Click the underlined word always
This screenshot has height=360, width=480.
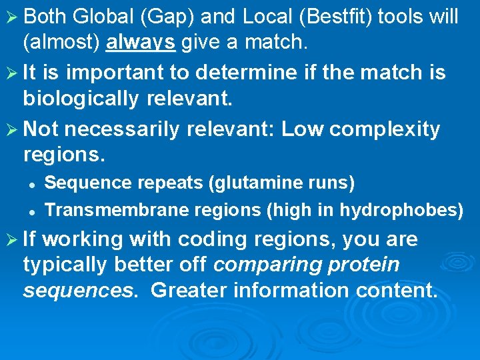[141, 43]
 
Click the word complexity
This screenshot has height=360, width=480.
[385, 129]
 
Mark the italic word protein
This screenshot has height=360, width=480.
[363, 265]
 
